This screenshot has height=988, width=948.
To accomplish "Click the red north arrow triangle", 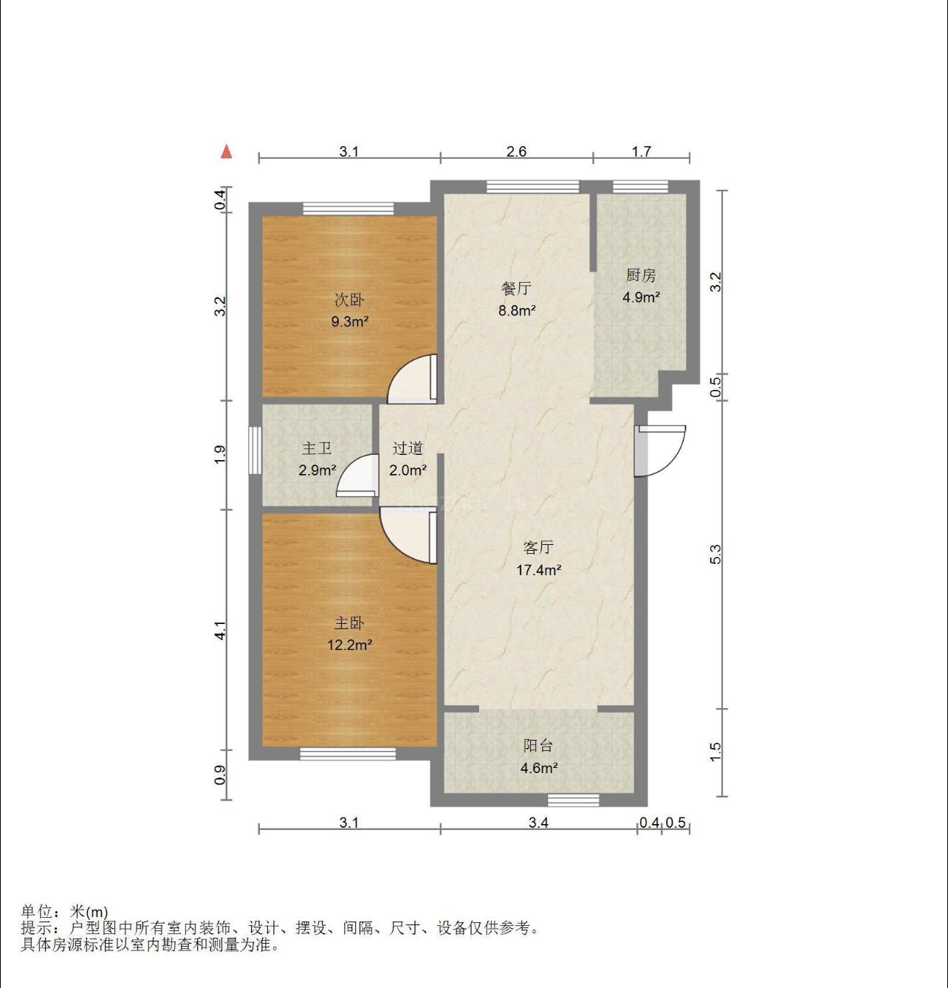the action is (227, 151).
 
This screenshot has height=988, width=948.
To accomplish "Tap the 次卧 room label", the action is (349, 300).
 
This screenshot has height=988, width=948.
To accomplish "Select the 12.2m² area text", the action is (350, 645).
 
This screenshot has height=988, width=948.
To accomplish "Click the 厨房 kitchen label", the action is (641, 275).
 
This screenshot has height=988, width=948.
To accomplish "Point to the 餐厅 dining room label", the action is (516, 289).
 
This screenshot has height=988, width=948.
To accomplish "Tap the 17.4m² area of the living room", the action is (539, 570).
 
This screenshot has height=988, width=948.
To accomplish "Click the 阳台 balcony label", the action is (538, 745).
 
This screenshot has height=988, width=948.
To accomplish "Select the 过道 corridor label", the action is (408, 448).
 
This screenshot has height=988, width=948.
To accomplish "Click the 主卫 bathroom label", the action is (317, 448).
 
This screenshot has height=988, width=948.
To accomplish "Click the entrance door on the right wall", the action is (659, 451).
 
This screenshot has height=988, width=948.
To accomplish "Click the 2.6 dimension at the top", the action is (516, 151).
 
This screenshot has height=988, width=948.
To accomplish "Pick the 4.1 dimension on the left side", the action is (220, 631).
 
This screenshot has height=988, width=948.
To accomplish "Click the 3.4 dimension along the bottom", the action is (538, 822).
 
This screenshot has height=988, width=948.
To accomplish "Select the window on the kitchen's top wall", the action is (640, 187).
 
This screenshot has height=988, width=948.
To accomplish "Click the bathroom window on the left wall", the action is (255, 451).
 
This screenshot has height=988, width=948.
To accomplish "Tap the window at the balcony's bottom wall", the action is (573, 800).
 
